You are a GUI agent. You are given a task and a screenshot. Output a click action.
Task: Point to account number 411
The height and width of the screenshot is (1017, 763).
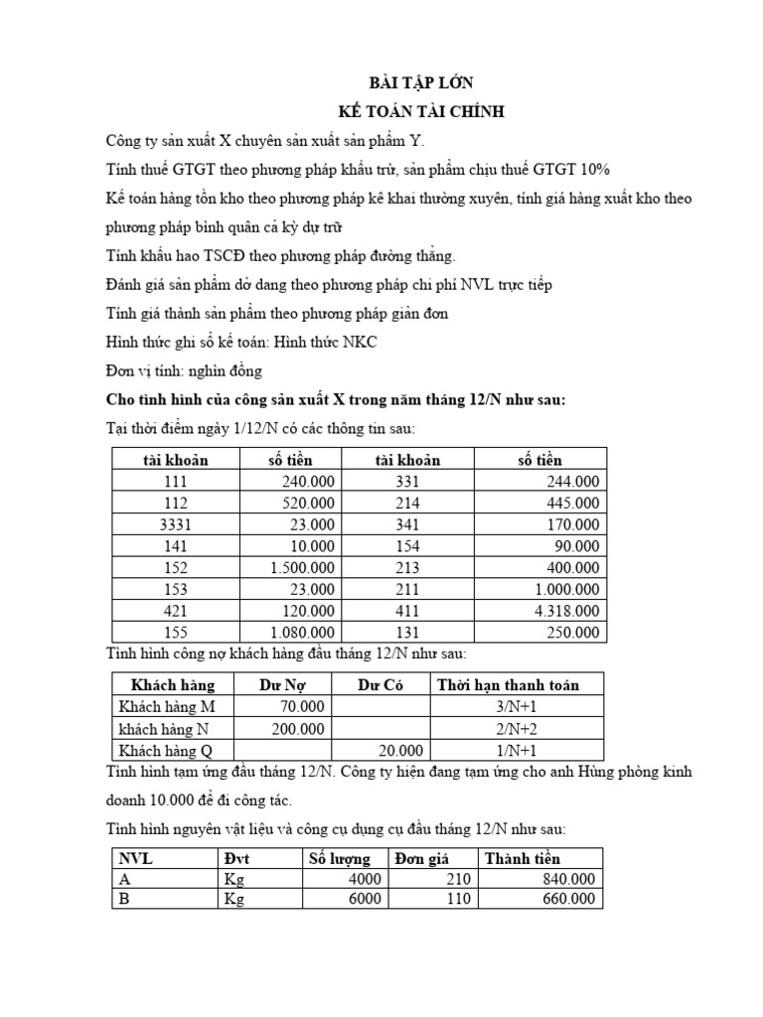coord(408,610)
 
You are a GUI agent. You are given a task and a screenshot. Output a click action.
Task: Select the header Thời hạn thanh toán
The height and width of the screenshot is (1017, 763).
coord(507,684)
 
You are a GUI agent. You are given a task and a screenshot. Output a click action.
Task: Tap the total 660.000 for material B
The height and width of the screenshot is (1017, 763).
coord(570,899)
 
